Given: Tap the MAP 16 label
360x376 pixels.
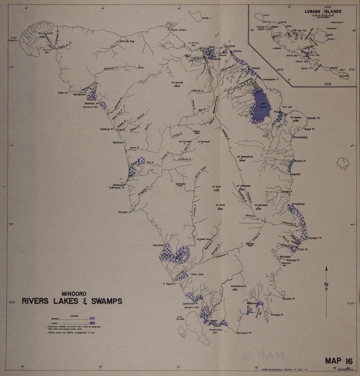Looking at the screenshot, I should click(338, 361).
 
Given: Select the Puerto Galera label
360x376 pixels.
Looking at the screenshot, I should click(179, 30).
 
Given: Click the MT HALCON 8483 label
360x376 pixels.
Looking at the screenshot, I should click(177, 85).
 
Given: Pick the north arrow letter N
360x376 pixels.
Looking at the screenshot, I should click(326, 285).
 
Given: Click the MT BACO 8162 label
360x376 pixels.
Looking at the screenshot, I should click(216, 188).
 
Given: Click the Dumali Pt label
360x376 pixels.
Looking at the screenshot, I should click(313, 118).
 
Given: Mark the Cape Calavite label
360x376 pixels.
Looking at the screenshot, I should click(14, 39).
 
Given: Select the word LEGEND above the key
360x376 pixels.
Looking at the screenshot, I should click(74, 315).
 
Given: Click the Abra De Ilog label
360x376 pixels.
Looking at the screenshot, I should click(127, 41).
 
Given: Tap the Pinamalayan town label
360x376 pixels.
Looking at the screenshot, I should click(300, 138).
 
